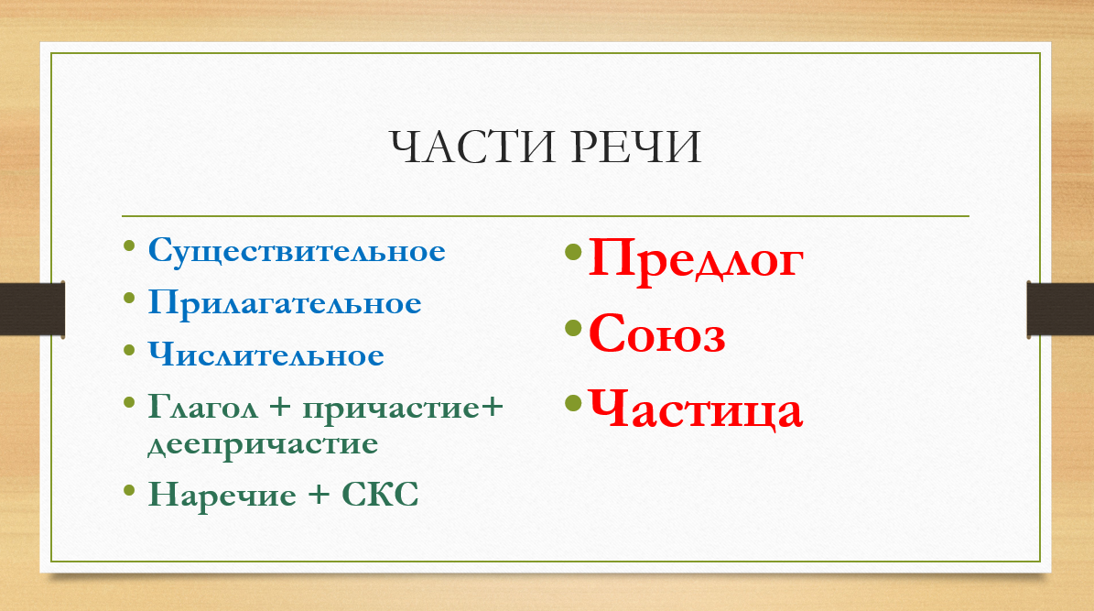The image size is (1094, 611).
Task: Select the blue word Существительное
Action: pyautogui.click(x=297, y=251)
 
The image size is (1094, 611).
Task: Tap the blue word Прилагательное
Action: pyautogui.click(x=285, y=303)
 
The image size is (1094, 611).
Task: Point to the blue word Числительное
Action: pyautogui.click(x=265, y=355)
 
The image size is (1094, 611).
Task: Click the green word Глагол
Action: pyautogui.click(x=203, y=407)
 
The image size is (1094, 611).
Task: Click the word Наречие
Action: pyautogui.click(x=222, y=495)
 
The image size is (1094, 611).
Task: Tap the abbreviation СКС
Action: pyautogui.click(x=380, y=495)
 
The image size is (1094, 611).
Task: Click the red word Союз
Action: pyautogui.click(x=656, y=333)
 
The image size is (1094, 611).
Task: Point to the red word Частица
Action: pyautogui.click(x=696, y=409)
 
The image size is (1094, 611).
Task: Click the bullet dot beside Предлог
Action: pyautogui.click(x=573, y=251)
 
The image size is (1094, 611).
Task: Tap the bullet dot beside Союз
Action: pyautogui.click(x=573, y=327)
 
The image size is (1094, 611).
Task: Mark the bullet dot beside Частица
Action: pyautogui.click(x=573, y=402)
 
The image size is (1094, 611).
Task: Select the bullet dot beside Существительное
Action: pyautogui.click(x=129, y=245)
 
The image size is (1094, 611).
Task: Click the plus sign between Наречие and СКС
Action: pyautogui.click(x=319, y=495)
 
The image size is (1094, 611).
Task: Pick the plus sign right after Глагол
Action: pyautogui.click(x=280, y=408)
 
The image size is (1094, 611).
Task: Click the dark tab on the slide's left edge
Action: pyautogui.click(x=33, y=309)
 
